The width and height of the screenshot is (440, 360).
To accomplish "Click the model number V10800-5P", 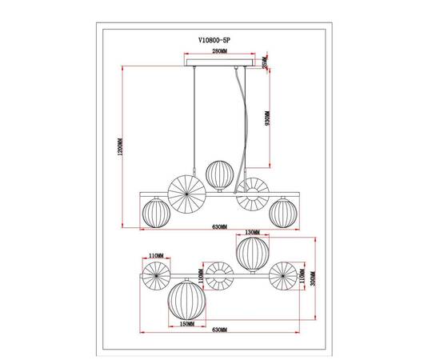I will (x=219, y=36).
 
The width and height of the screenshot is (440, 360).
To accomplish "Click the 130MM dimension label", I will (x=253, y=234).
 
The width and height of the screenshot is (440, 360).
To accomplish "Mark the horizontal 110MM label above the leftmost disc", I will (x=155, y=256).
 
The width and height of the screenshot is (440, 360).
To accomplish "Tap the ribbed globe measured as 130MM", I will (x=253, y=251).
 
